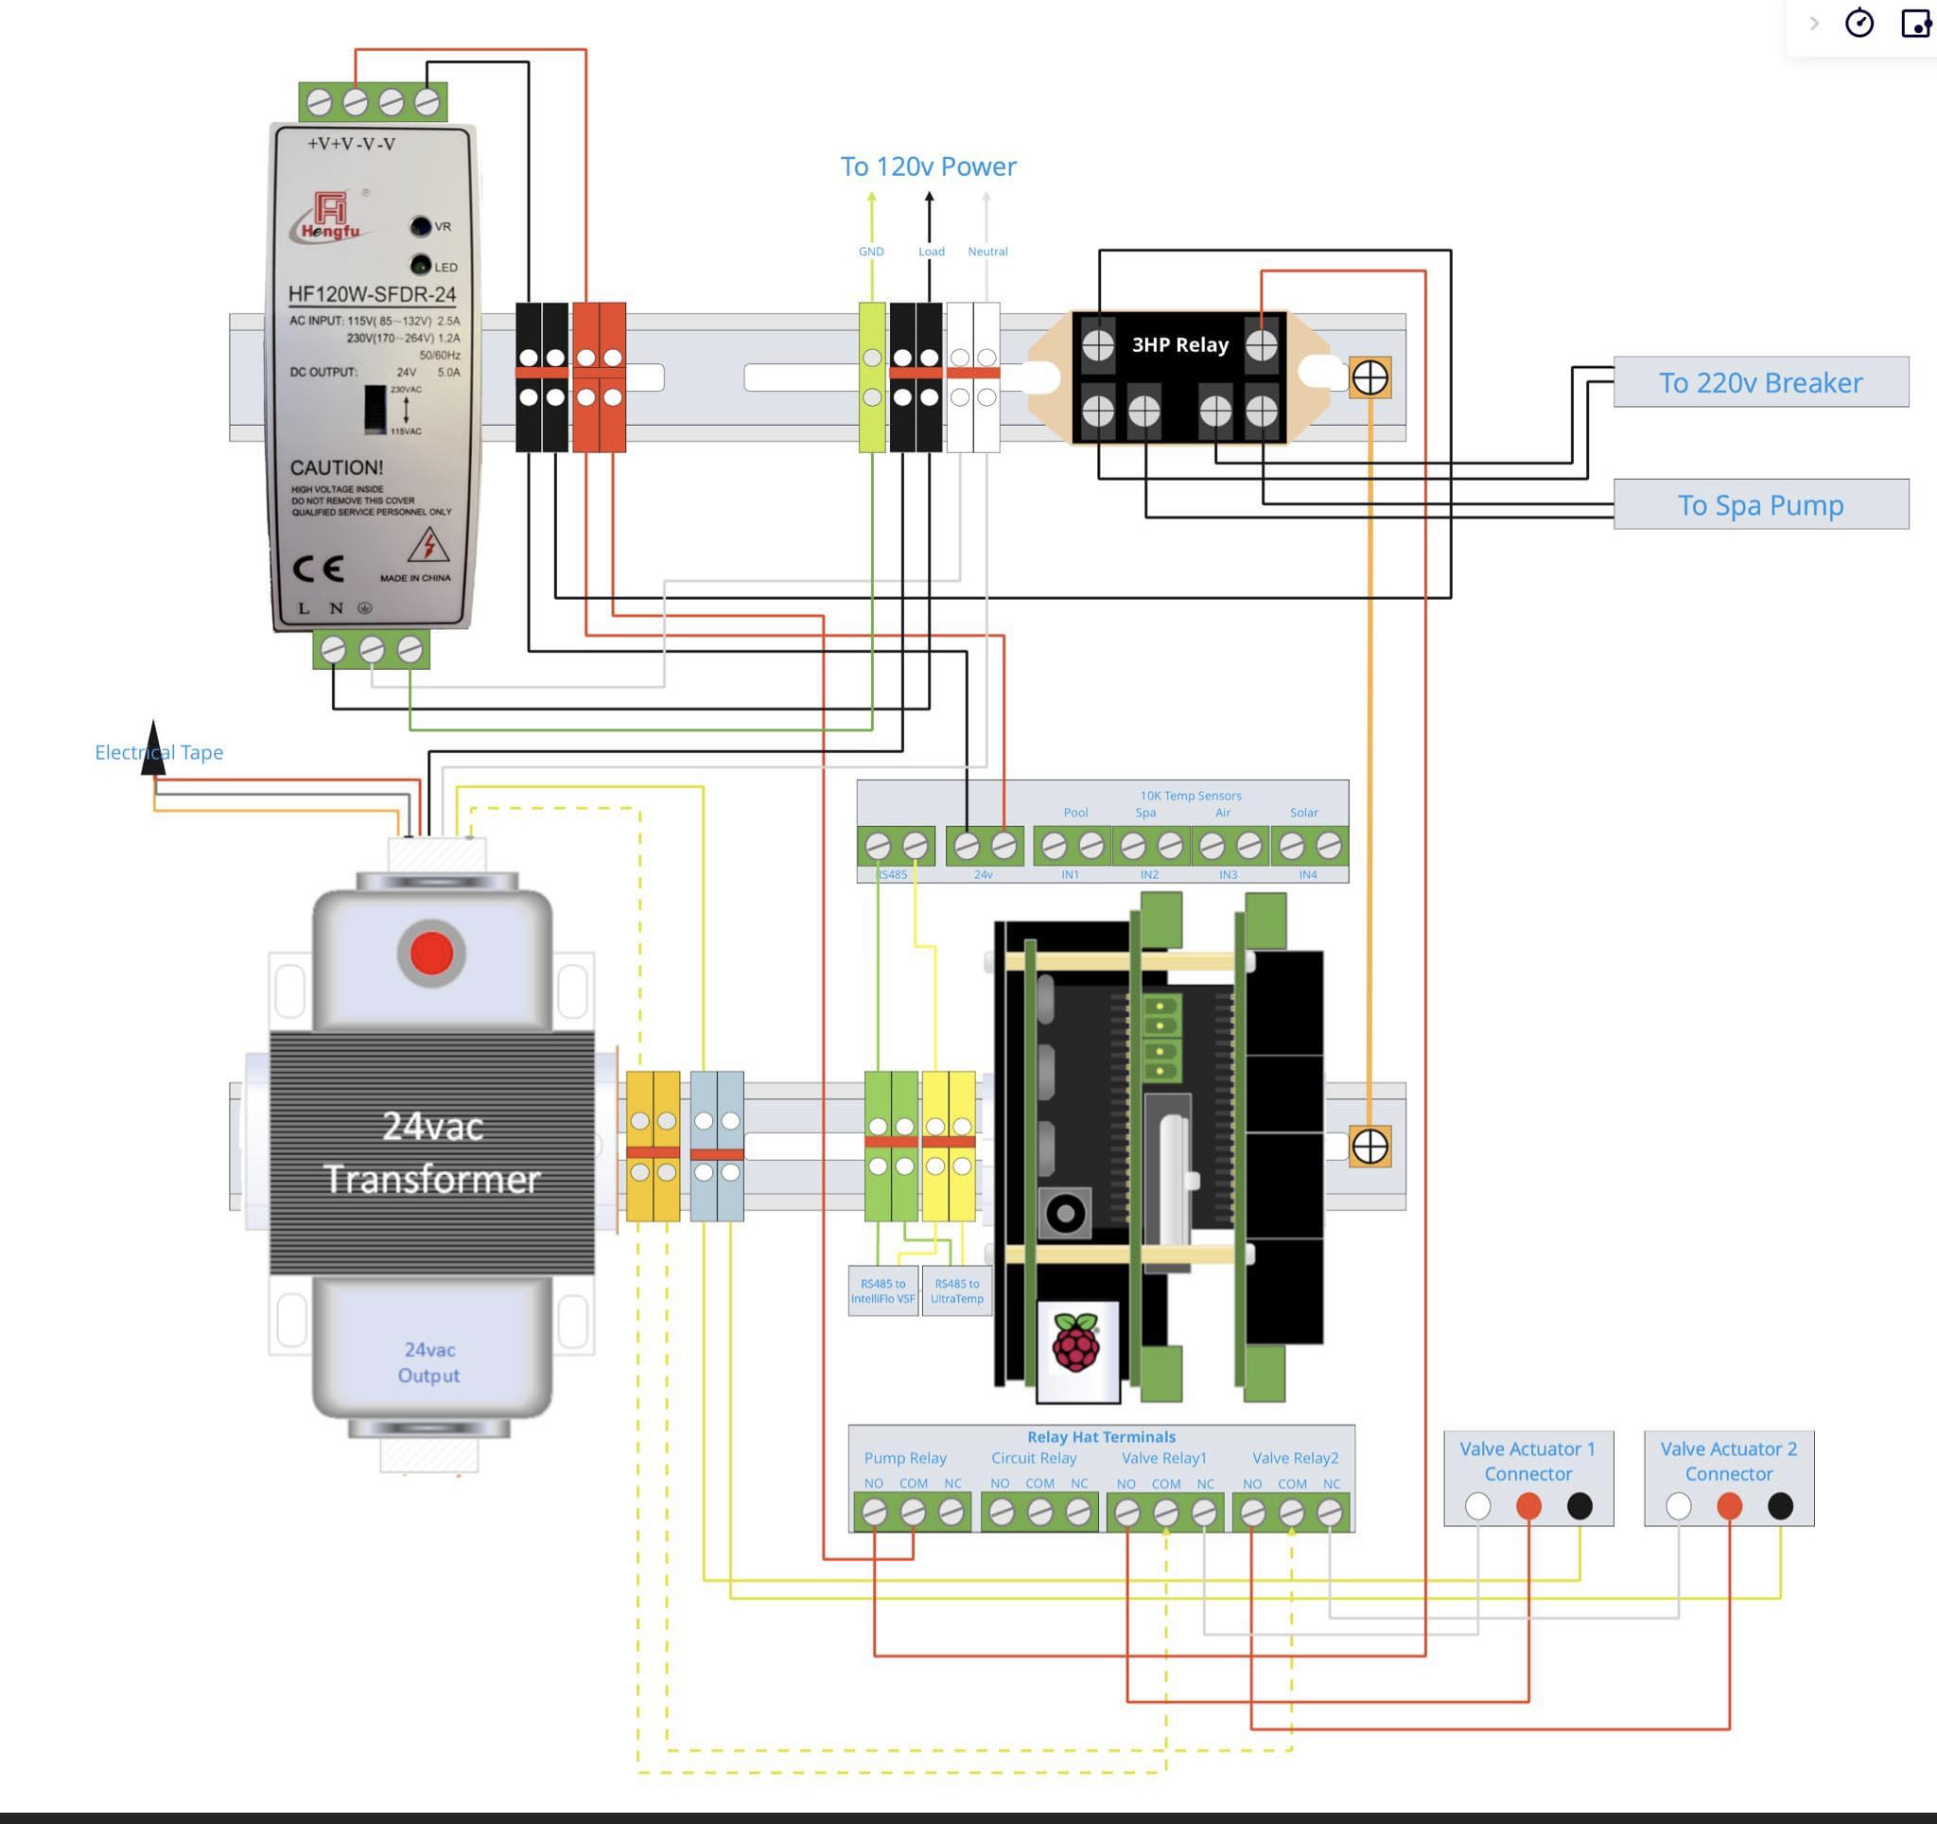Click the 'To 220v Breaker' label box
[1760, 382]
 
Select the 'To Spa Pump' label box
[1760, 504]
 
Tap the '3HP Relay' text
[1179, 345]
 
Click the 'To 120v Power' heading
[928, 167]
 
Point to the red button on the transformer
[431, 953]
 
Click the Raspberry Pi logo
[1075, 1343]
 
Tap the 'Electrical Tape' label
[159, 752]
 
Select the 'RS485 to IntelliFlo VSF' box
[882, 1291]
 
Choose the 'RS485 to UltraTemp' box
[957, 1291]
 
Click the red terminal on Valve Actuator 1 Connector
[1527, 1506]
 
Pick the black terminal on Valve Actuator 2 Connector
[1779, 1506]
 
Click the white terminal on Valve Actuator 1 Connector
[1477, 1506]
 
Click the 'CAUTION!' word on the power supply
[336, 467]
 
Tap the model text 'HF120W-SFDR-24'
[373, 294]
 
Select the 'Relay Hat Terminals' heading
[1101, 1436]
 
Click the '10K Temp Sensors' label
[1190, 795]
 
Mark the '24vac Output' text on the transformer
[428, 1362]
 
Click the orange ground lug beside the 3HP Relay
[1369, 378]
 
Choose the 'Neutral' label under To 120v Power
[987, 252]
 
